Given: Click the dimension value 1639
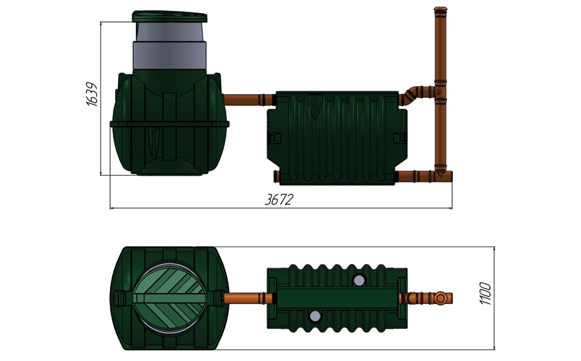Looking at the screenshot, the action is click(x=92, y=94).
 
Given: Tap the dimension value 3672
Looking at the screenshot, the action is click(x=279, y=200).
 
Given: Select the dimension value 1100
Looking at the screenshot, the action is click(x=486, y=293).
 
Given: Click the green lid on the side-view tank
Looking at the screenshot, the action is click(x=170, y=17).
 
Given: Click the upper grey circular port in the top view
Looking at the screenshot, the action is click(x=359, y=280).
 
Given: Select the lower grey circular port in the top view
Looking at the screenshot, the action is click(x=315, y=316).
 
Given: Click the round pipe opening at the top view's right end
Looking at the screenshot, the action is click(x=440, y=298).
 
